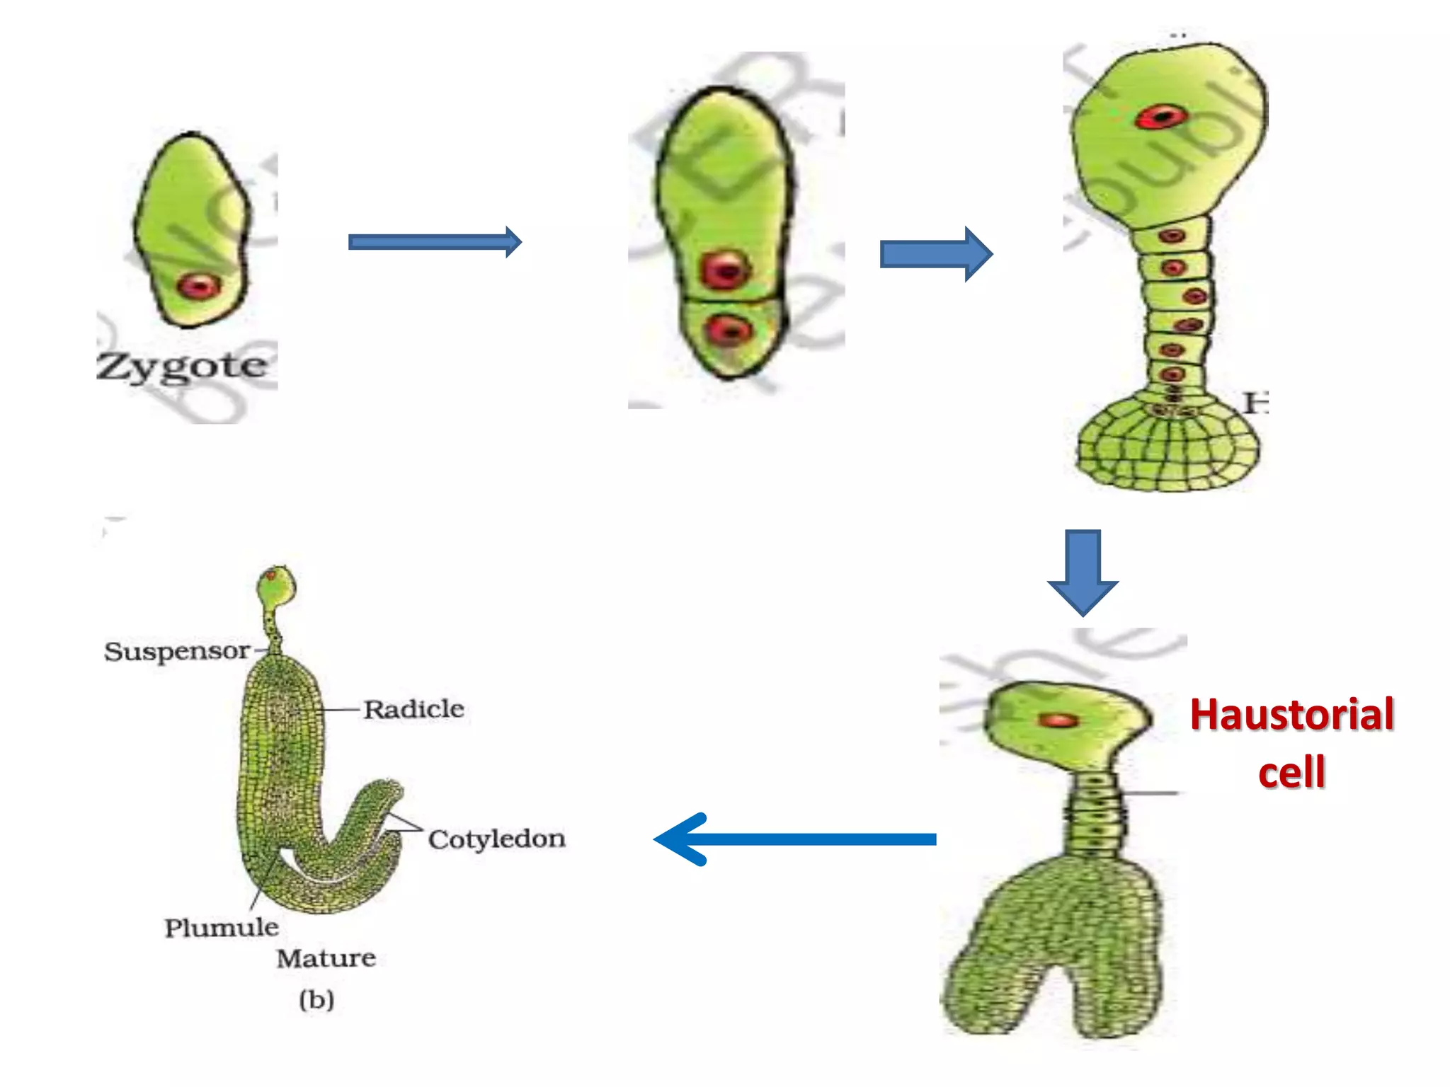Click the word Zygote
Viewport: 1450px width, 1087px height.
point(183,367)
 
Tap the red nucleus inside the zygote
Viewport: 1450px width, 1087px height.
point(199,287)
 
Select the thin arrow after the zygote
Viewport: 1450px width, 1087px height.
point(434,242)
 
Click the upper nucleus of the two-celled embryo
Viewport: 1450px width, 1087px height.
point(724,270)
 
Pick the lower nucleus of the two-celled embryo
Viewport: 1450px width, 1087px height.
point(729,330)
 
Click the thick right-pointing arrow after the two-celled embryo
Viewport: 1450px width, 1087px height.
point(935,254)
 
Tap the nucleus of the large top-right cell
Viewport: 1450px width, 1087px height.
point(1160,117)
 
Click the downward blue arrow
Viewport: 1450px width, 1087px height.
point(1083,570)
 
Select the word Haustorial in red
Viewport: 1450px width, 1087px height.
point(1291,715)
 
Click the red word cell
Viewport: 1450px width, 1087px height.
point(1291,771)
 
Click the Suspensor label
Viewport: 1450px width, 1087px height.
point(177,651)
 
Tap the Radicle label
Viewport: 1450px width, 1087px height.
point(414,709)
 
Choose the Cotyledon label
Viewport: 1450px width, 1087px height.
point(496,839)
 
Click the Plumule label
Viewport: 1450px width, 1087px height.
point(222,928)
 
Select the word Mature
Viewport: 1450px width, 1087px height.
point(326,959)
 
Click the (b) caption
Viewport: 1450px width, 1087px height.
point(316,999)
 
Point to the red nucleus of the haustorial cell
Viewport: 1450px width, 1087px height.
point(1058,720)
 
